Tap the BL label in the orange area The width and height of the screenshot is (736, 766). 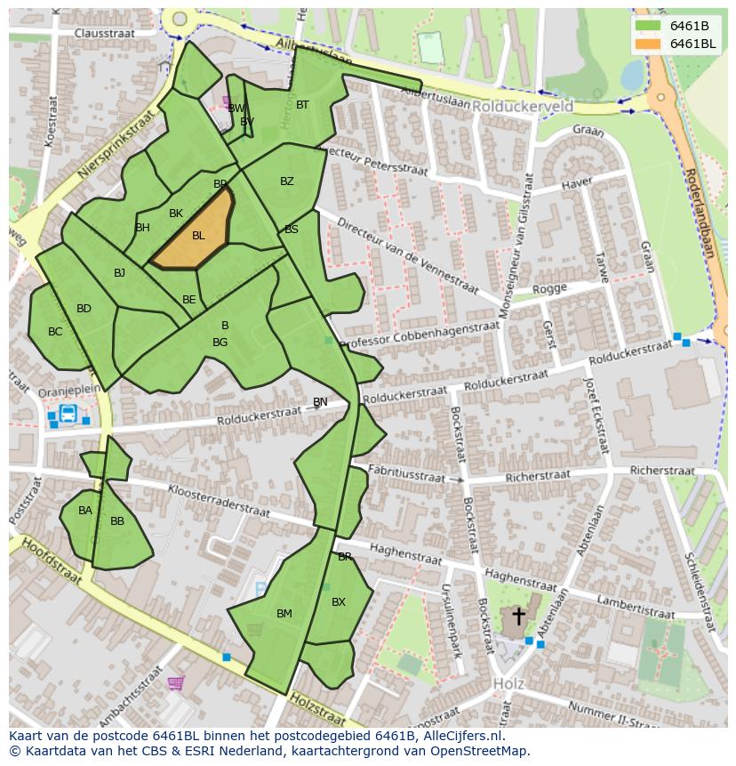pos(198,236)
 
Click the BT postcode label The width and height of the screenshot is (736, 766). pos(302,105)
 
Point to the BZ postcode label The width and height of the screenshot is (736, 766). pos(286,181)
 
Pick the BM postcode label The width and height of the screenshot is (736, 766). pos(284,614)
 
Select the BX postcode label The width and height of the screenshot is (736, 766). pos(338,602)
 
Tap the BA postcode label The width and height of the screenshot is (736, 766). pos(84,511)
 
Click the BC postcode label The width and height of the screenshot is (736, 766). pos(55,332)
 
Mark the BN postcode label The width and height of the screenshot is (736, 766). pos(320,402)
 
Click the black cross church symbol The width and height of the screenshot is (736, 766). pos(518,616)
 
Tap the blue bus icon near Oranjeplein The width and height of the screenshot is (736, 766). pos(68,414)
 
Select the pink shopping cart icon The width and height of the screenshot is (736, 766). pos(176,683)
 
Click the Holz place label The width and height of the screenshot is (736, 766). pos(508,684)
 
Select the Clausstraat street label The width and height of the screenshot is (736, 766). pos(104,33)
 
